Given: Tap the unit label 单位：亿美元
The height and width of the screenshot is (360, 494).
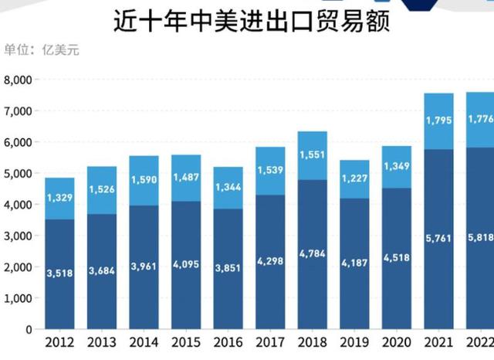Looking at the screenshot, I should click(x=42, y=51).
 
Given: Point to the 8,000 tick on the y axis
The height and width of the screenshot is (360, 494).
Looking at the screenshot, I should click(x=18, y=80).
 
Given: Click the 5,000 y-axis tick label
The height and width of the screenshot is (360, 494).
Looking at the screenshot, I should click(x=18, y=174).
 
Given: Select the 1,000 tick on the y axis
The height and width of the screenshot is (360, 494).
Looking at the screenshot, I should click(x=18, y=298).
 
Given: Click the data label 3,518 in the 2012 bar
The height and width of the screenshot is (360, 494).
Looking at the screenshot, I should click(x=59, y=273).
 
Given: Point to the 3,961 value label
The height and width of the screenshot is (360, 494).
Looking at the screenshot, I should click(x=144, y=266).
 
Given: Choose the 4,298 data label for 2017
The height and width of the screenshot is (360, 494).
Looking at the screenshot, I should click(x=270, y=261).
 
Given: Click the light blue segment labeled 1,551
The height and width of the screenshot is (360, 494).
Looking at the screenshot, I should click(x=313, y=155).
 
